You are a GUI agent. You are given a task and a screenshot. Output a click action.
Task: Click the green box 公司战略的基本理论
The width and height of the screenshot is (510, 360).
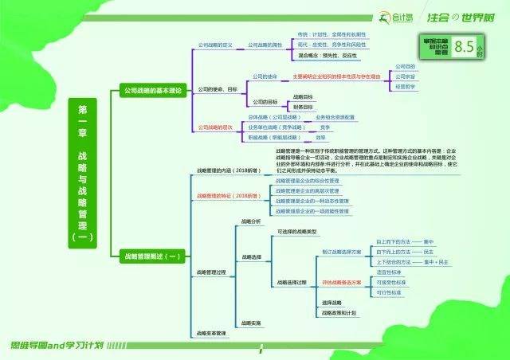(152, 91)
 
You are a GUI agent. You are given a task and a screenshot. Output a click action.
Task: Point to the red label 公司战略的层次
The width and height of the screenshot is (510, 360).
(217, 127)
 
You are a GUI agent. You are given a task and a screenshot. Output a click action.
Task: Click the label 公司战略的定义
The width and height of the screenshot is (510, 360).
(214, 45)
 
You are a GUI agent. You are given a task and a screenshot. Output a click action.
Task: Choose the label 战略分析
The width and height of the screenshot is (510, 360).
(251, 220)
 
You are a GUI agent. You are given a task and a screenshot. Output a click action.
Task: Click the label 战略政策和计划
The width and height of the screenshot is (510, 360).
(338, 313)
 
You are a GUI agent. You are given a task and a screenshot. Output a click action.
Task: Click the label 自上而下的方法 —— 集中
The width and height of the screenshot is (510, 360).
(404, 241)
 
